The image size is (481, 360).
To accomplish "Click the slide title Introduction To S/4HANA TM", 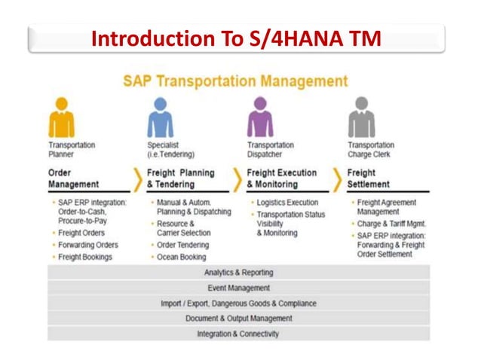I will pos(235,38).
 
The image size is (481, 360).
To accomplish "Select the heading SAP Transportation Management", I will pos(235,81).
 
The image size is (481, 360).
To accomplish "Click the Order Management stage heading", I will pos(73,178).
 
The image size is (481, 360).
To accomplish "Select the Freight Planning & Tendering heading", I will pos(181,178).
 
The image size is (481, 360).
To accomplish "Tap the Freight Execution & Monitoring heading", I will pos(282,178).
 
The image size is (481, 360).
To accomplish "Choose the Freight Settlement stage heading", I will pos(369,178).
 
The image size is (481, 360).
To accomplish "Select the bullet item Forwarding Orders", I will pos(88,245).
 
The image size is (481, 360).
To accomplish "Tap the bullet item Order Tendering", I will pos(183,245).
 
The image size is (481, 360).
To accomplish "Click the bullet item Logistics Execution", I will pos(287,203).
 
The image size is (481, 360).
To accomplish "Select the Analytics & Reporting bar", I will pos(238,273).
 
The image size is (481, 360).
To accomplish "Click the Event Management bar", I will pos(238,288).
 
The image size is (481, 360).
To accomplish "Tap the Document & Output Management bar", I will pos(238,319).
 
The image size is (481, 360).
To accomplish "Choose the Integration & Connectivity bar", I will pos(238,334).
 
